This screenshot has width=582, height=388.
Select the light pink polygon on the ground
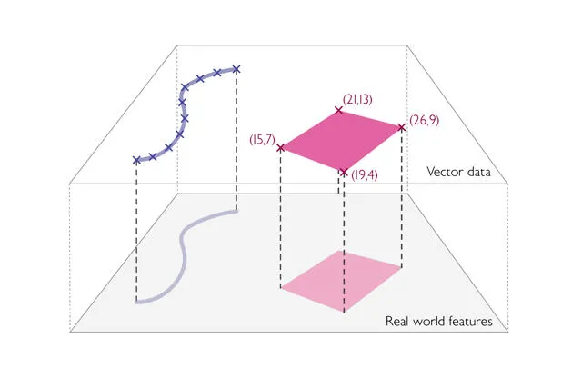(341, 280)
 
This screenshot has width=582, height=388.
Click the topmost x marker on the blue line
(236, 68)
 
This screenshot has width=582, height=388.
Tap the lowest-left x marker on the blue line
(136, 160)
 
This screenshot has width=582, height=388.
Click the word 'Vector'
(447, 171)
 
